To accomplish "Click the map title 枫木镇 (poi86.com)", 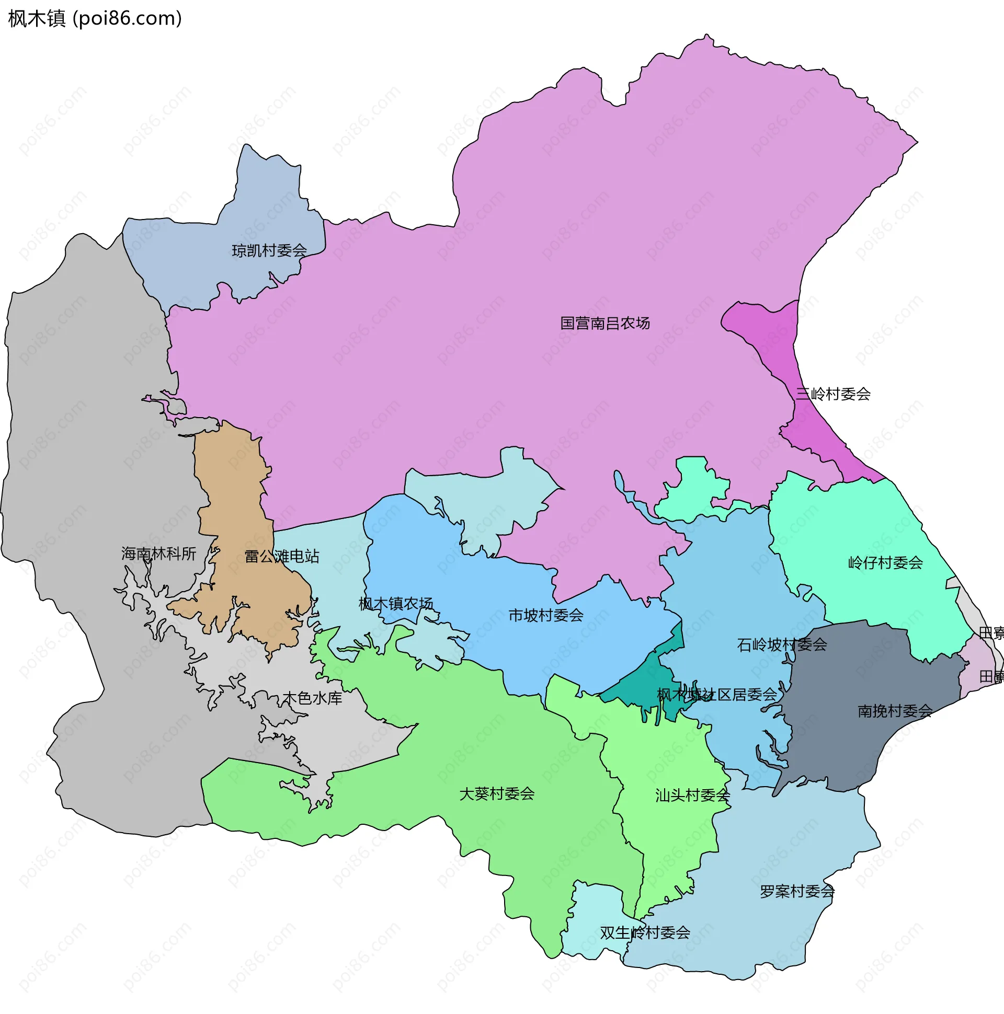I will point(95,18).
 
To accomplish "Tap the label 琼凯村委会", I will point(269,251).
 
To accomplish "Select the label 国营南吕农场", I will point(605,324).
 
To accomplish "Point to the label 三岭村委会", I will point(833,394).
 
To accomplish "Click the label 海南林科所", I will point(158,554).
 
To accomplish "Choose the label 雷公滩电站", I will point(282,556).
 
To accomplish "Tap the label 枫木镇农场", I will point(396,604).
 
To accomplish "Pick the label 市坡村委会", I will point(545,615).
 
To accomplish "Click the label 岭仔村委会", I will point(885,563).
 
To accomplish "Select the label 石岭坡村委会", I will point(782,644).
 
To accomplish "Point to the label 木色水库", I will point(312,698).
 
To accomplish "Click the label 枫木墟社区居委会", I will point(717,695).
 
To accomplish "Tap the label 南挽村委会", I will point(895,711).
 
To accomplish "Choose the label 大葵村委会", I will point(497,793).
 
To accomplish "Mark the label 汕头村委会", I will point(692,795).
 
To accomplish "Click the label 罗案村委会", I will point(797,891).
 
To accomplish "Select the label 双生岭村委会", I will point(645,932).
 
